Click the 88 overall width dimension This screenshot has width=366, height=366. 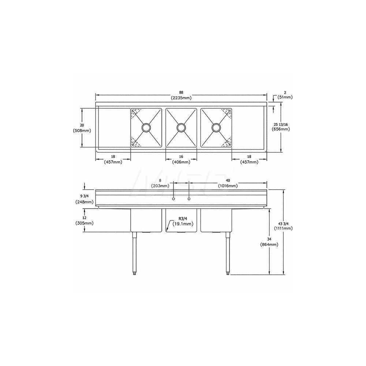click(181, 92)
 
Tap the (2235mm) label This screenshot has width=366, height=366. click(181, 98)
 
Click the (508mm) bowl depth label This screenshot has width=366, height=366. click(83, 130)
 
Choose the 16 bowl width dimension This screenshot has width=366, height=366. click(181, 156)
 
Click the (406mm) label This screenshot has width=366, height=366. click(181, 162)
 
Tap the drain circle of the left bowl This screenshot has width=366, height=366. click(146, 127)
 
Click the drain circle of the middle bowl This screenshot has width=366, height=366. click(181, 127)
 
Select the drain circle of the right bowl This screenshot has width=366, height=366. click(216, 127)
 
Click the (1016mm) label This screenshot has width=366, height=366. click(228, 186)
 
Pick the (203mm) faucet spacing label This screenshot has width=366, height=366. click(160, 186)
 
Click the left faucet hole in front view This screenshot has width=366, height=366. click(173, 199)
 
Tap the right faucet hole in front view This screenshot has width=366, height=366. click(189, 199)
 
